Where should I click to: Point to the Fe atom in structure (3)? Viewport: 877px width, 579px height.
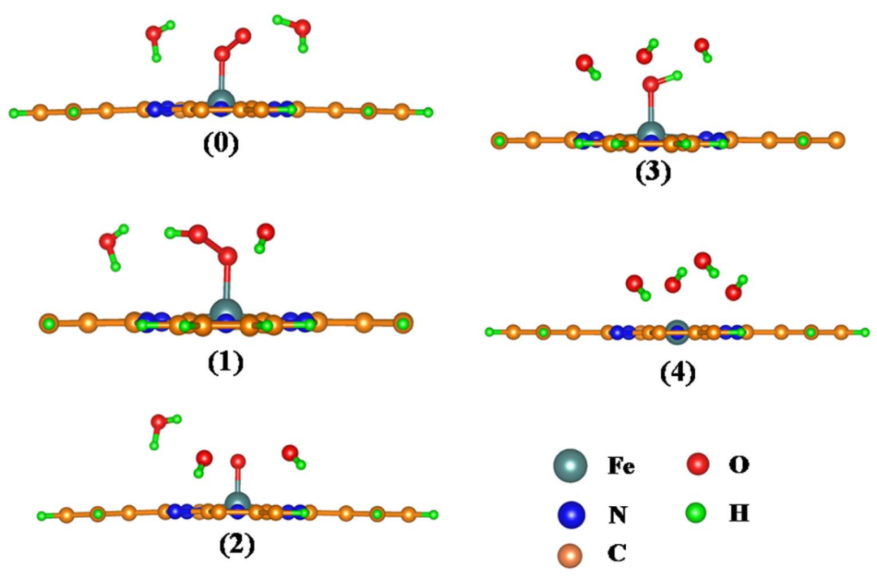(650, 132)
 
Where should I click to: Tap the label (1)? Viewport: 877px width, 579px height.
(223, 360)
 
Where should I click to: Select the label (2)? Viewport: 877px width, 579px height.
(236, 542)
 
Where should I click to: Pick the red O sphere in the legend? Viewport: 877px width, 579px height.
(698, 465)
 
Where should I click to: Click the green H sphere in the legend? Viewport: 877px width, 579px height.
(698, 512)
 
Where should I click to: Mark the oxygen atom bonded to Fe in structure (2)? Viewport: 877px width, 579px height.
(237, 462)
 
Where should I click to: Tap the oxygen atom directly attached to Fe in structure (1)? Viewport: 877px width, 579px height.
(227, 257)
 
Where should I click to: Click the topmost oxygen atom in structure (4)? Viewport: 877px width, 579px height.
(702, 261)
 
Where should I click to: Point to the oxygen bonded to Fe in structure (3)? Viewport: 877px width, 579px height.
(650, 83)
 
